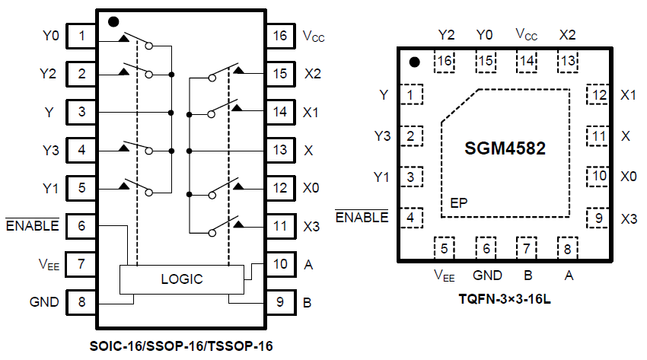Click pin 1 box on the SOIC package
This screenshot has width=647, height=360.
tap(81, 35)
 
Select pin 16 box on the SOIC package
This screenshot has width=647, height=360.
tap(280, 35)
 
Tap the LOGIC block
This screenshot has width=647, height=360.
tap(182, 279)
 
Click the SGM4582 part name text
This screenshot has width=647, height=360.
tap(505, 148)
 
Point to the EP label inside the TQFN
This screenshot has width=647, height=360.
tap(458, 203)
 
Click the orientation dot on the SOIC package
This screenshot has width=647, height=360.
tap(113, 21)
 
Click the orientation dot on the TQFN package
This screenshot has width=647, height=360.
tap(415, 62)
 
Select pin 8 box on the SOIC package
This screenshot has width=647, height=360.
tap(81, 301)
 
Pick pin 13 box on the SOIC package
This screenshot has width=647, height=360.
tap(280, 149)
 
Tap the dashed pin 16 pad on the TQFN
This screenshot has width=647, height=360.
tap(445, 62)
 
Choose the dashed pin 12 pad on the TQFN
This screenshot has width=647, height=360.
tap(599, 95)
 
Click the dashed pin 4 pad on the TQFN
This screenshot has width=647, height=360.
tap(412, 217)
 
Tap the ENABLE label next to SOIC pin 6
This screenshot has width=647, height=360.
tap(32, 225)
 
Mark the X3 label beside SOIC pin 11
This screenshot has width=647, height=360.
tap(311, 225)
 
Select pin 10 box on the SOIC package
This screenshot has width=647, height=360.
tap(280, 263)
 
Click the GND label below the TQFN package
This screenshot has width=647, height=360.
tap(487, 275)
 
